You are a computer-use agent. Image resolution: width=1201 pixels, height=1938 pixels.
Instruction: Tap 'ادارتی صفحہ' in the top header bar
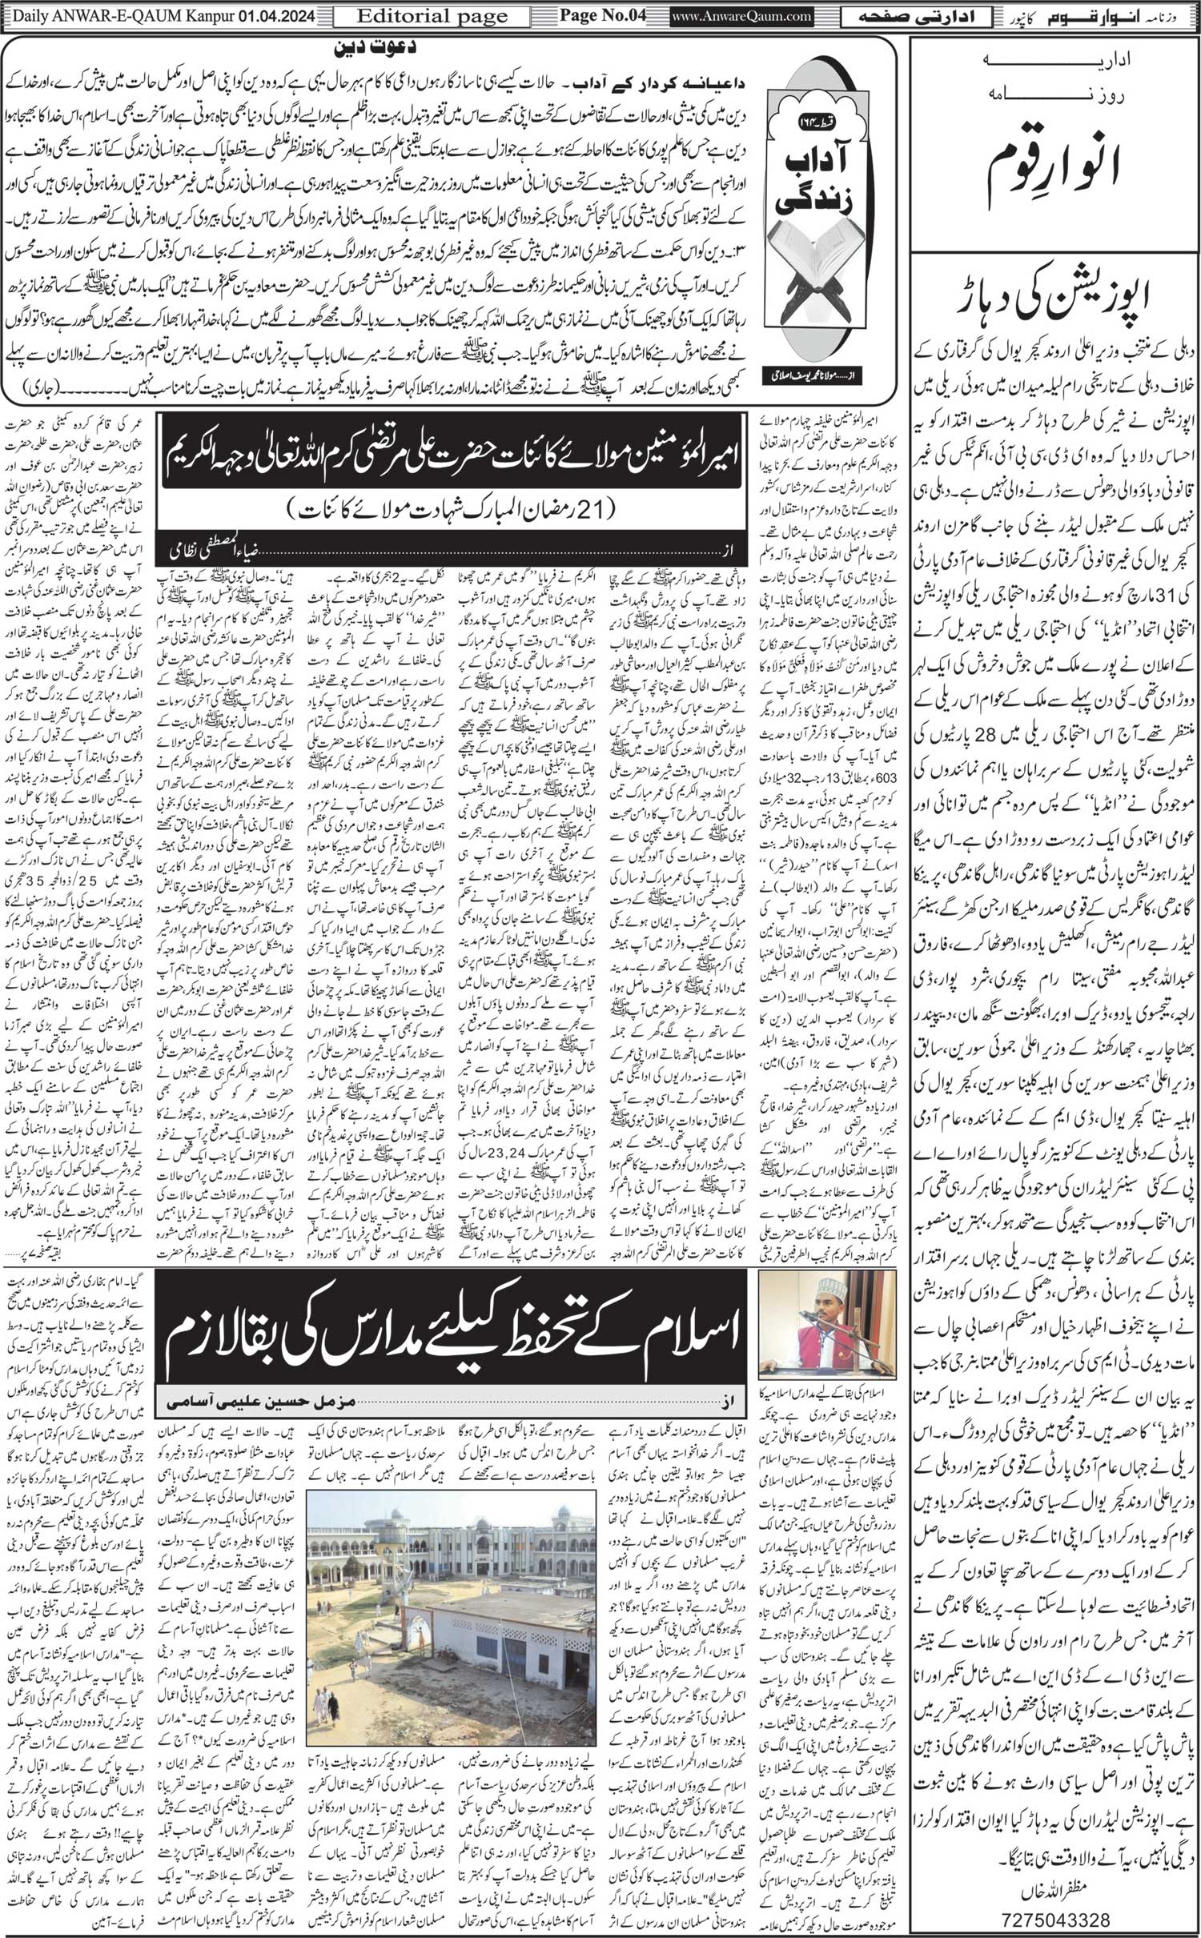pos(945,15)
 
